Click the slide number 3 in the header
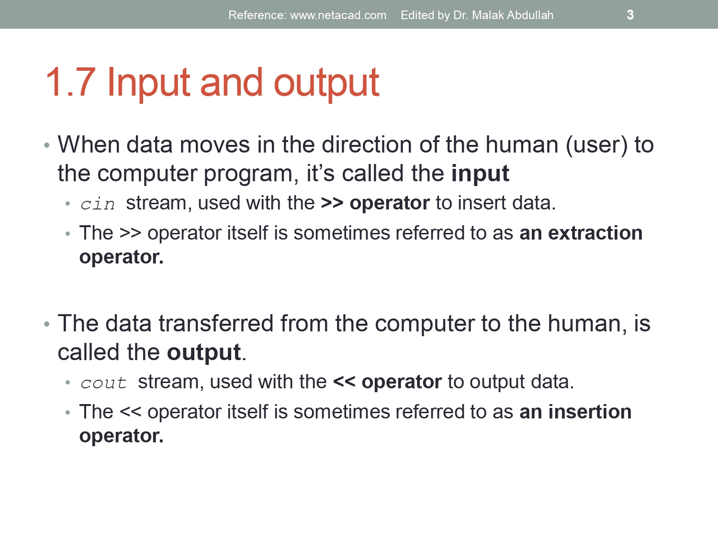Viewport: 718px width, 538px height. [x=630, y=15]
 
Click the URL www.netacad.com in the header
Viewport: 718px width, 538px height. [x=338, y=15]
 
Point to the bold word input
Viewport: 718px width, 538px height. [x=480, y=174]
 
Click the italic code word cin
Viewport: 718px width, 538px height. [x=98, y=204]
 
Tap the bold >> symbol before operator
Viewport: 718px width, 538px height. [x=332, y=203]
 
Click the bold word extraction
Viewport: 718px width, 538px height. [x=595, y=233]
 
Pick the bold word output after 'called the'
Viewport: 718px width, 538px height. [x=203, y=353]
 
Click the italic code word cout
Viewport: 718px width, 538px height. [x=103, y=383]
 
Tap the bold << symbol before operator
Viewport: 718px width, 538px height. [x=344, y=382]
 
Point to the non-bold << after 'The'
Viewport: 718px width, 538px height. [x=130, y=412]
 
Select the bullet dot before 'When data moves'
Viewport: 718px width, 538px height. [x=46, y=145]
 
